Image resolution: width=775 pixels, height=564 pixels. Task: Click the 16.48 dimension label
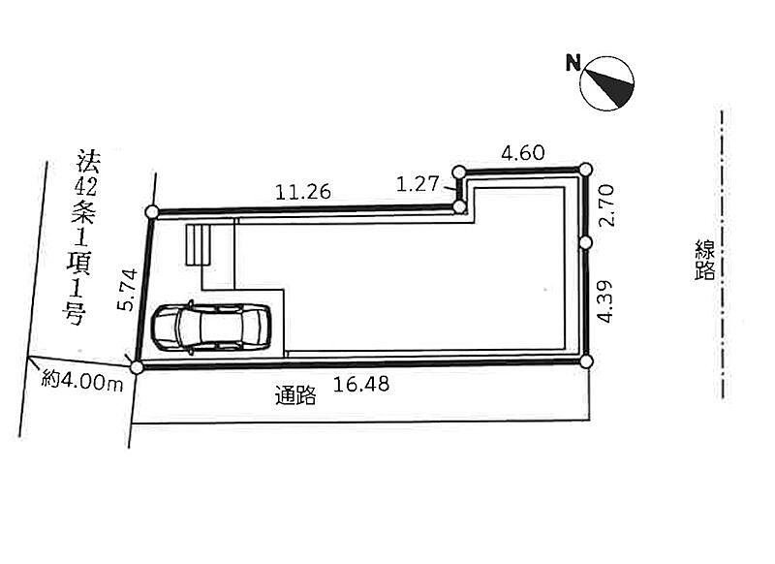click(x=361, y=384)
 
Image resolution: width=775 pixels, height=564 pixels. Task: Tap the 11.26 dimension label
click(x=303, y=192)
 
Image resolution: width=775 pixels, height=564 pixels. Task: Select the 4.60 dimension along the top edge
click(x=523, y=153)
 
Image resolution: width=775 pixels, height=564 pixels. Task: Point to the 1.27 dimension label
click(x=418, y=184)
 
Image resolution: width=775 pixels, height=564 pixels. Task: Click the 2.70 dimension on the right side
click(x=606, y=205)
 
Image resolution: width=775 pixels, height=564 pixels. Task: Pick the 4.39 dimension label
click(x=604, y=301)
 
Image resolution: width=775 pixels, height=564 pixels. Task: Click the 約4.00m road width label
click(x=82, y=381)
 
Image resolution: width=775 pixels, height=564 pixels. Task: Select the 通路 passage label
click(x=295, y=395)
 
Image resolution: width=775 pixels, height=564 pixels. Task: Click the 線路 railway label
click(x=705, y=260)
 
